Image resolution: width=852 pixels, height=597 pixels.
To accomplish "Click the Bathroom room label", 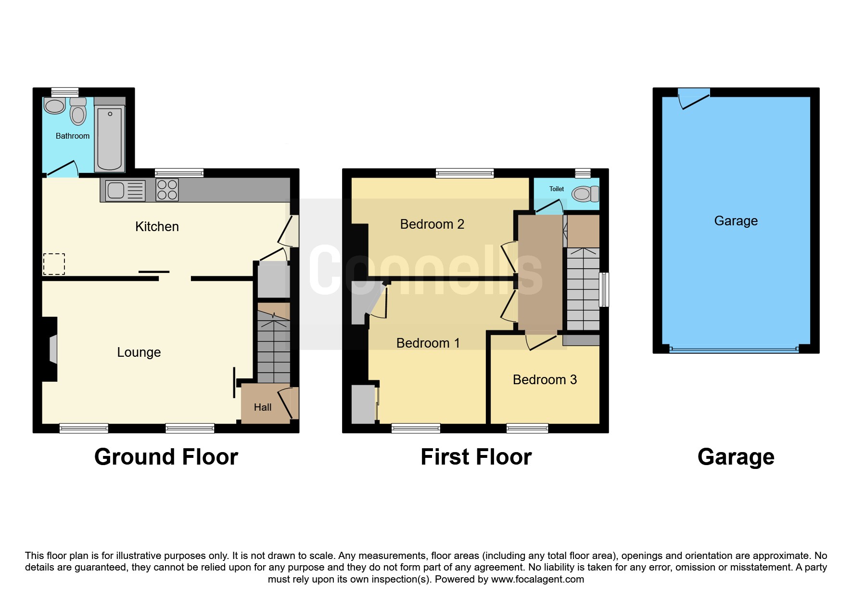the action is (x=73, y=136).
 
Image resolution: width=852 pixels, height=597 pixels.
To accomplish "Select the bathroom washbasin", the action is (x=54, y=105).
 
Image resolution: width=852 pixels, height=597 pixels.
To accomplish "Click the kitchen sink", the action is (x=125, y=190).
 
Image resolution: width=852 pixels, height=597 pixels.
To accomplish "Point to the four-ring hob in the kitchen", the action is (x=167, y=190).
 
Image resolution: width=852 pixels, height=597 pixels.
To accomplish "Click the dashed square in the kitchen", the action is (x=54, y=264).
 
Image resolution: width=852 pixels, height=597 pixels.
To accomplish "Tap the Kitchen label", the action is (x=157, y=226).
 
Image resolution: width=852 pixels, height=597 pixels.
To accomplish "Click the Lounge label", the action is (x=139, y=352).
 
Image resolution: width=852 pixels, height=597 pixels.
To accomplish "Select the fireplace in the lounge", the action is (x=50, y=349).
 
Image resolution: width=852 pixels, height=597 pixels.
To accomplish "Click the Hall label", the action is (x=263, y=407).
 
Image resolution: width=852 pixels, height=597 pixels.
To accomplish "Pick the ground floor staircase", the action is (x=274, y=343).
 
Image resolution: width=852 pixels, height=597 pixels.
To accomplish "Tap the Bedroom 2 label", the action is (x=432, y=224).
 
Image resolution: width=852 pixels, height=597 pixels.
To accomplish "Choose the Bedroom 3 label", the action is (x=545, y=380).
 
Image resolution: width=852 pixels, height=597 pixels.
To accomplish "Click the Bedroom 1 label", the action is (x=428, y=343).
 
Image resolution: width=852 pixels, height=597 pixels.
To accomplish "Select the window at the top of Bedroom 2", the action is (x=465, y=173).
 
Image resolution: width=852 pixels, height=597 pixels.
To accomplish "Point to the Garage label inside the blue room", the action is (x=736, y=221).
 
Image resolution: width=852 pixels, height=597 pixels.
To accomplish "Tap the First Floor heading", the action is (x=476, y=457).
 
